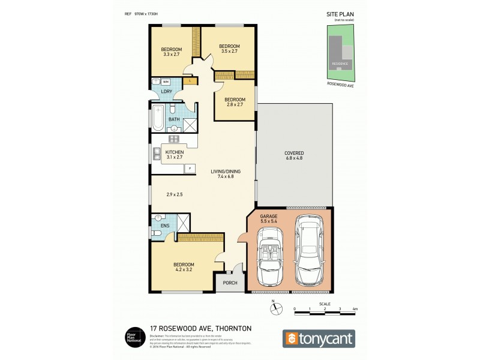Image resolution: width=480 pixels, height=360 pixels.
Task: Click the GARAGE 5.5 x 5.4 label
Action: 269,219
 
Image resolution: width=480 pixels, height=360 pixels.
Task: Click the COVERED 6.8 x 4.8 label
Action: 294,156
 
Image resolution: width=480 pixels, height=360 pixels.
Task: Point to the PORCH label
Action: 229,283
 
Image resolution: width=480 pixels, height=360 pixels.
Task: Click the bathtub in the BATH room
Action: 158,119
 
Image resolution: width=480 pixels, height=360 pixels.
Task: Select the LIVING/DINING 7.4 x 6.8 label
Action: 226,175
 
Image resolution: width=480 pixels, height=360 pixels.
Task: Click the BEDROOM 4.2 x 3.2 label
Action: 184,267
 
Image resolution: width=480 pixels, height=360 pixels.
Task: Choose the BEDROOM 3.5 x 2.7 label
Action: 229,49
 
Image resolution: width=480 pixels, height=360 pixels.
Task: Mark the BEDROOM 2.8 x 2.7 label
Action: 235,102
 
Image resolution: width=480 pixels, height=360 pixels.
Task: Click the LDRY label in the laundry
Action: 166,91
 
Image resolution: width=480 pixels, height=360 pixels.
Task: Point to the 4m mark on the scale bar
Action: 355,310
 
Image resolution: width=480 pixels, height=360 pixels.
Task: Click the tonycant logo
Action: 319,338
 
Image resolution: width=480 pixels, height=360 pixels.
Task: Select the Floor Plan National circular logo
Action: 133,336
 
